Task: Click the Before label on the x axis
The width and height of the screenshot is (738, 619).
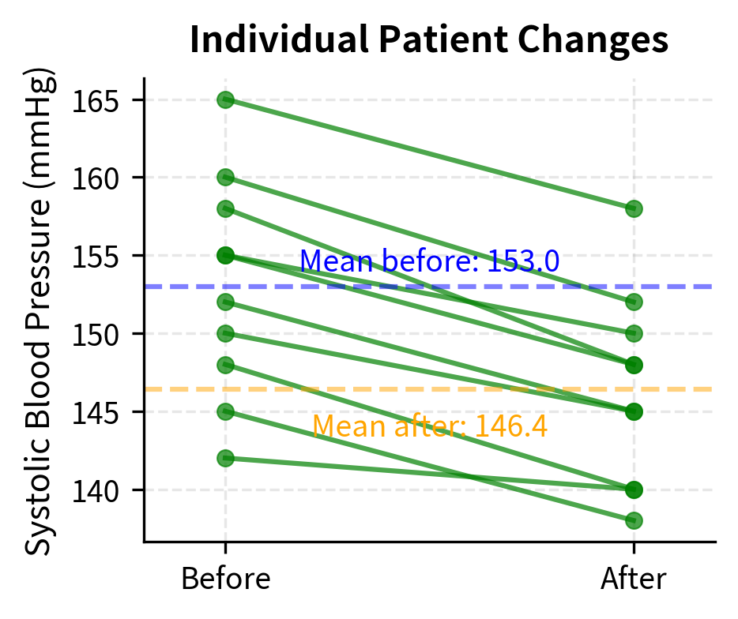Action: [225, 580]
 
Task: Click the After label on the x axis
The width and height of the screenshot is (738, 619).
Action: [634, 580]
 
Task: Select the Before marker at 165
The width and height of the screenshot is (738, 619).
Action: [225, 99]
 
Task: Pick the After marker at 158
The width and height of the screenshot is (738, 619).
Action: [634, 208]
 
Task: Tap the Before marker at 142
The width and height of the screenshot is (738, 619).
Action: [225, 458]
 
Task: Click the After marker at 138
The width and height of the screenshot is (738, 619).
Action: [634, 520]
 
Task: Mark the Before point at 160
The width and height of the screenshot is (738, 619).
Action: [225, 178]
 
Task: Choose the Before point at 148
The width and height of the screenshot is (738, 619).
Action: [225, 365]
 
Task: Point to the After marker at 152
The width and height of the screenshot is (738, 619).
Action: [634, 302]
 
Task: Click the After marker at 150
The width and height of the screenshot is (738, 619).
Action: [634, 333]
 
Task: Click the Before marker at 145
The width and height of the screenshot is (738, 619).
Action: [225, 411]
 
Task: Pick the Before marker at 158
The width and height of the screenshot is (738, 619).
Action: [225, 208]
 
